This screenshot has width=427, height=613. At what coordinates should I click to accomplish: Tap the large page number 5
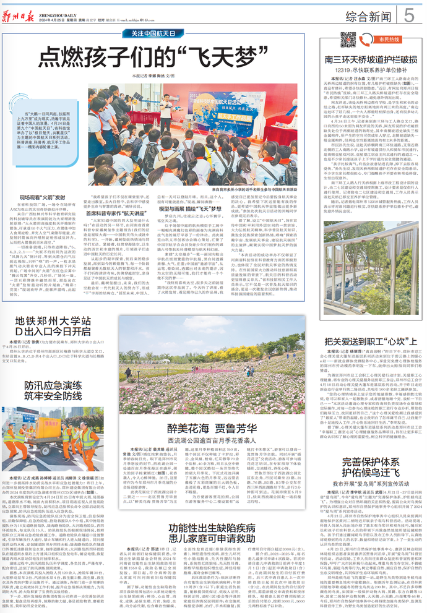410,14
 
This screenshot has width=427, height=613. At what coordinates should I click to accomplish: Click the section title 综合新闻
370,15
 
